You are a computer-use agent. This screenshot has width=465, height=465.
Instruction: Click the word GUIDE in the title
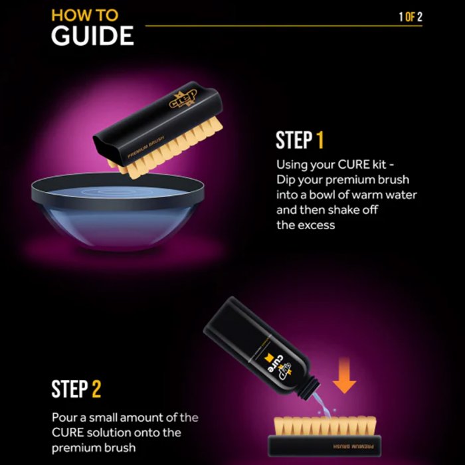coord(92,36)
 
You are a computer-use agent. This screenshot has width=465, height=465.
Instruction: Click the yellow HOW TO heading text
coord(85,15)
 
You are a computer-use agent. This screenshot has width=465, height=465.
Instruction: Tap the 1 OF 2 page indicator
coord(411,17)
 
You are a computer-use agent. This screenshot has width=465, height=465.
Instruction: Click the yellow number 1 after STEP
coord(320,140)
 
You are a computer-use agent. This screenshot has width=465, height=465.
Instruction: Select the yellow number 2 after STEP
coord(96,389)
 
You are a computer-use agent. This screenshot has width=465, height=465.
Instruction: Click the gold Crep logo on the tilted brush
coord(183,99)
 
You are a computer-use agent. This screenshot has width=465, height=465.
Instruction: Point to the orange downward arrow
coord(344,375)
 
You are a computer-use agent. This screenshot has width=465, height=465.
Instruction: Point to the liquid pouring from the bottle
coord(321,405)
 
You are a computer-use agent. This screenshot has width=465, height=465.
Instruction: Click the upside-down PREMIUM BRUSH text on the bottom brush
coord(353,446)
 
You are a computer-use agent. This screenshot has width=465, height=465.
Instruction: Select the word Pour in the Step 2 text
coord(64,418)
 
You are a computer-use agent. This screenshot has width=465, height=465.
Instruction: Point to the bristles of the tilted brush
coord(166,148)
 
